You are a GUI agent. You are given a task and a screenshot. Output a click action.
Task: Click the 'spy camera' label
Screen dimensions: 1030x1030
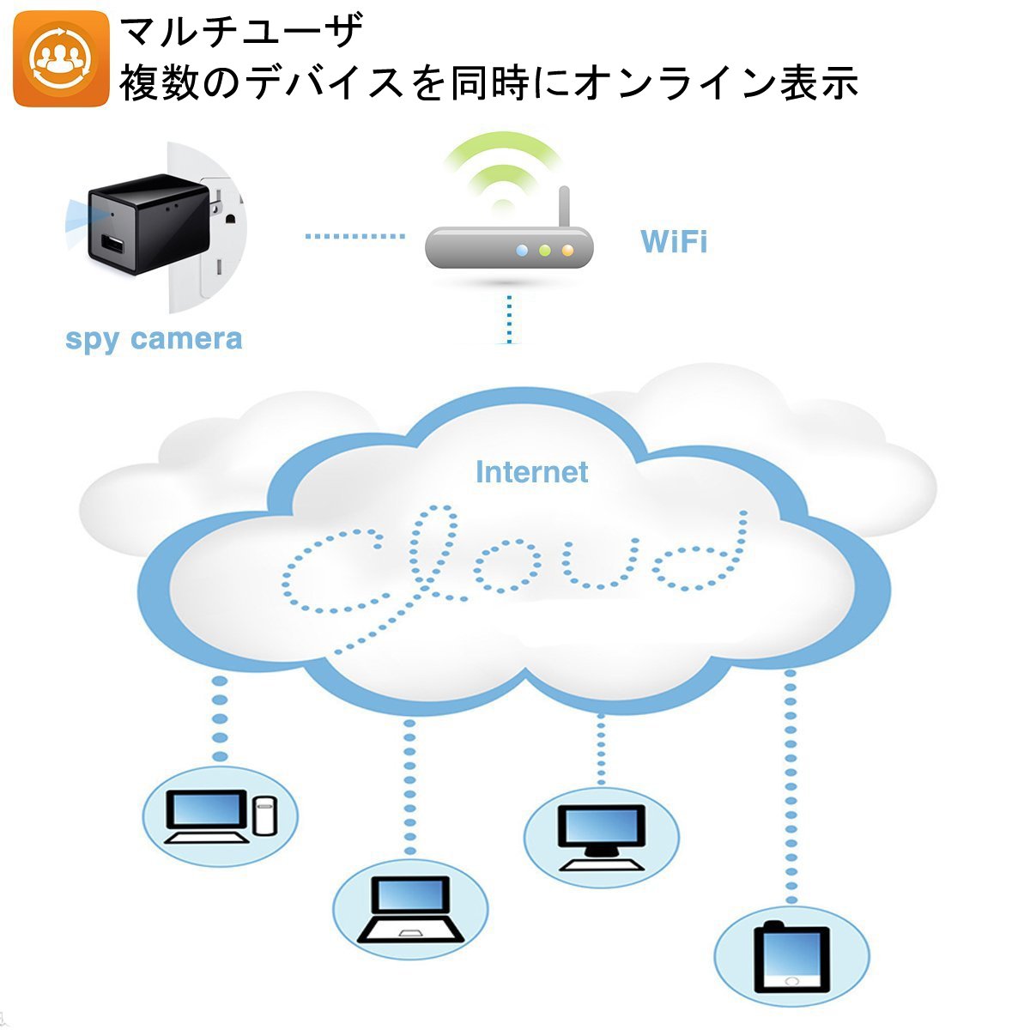(154, 339)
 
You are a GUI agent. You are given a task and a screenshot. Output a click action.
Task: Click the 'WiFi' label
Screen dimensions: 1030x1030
(674, 242)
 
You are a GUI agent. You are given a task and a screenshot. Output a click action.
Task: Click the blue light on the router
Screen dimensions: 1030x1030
(521, 251)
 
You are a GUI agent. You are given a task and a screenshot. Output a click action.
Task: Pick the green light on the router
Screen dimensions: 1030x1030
(543, 251)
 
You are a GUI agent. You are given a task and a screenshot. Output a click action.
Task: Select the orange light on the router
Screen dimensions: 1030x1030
(566, 251)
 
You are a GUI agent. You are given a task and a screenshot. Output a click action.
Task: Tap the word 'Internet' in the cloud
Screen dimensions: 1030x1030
(531, 472)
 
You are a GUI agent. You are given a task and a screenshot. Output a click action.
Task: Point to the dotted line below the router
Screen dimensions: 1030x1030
(510, 319)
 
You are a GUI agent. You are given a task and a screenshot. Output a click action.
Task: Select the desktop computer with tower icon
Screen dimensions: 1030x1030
(221, 815)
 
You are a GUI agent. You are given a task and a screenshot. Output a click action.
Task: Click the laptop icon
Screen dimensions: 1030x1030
(410, 910)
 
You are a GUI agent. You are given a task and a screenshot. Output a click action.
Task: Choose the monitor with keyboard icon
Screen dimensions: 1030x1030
(601, 837)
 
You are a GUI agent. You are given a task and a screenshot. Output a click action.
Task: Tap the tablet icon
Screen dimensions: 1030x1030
(791, 957)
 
